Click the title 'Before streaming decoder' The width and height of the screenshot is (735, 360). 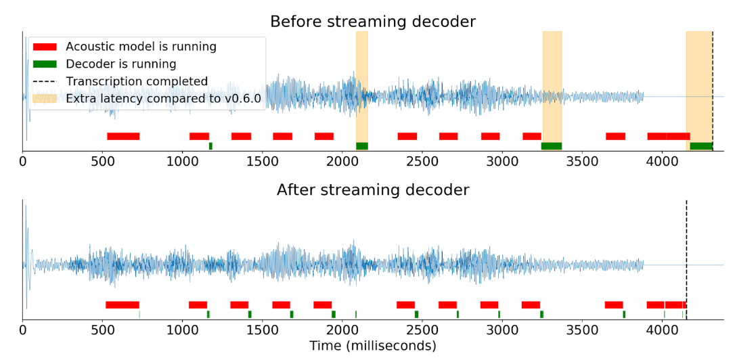coord(373,22)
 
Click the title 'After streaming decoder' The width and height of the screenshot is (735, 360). coord(373,190)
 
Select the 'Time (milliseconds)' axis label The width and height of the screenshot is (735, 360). coord(373,346)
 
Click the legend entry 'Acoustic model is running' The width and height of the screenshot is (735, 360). coord(141,47)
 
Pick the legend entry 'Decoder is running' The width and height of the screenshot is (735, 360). coord(120,64)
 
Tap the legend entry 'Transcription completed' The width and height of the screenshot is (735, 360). coord(136,81)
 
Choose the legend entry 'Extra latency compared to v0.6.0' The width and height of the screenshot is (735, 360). coord(163,98)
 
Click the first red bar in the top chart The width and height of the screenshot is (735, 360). coord(123,136)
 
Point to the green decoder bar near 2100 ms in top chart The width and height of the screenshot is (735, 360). coord(362,146)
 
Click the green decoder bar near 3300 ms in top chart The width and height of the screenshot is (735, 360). coord(552,146)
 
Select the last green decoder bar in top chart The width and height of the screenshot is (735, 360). coord(701,146)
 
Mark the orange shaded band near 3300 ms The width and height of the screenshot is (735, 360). coord(552,81)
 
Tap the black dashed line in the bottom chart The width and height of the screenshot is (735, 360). coord(686,257)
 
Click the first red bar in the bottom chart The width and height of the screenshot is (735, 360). coord(122,305)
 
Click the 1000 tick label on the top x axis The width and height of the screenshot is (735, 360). coord(182,162)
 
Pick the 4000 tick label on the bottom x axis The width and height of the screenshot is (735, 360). coord(661,331)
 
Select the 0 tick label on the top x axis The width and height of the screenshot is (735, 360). coord(23,162)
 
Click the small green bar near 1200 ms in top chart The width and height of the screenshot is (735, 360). coord(210,146)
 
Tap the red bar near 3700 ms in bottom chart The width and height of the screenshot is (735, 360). coord(614,305)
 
